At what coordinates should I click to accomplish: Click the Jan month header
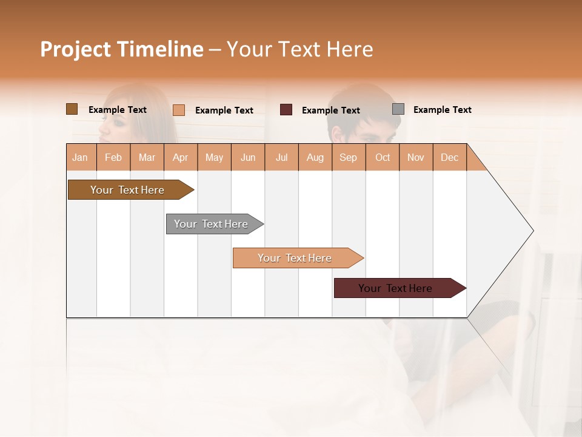(x=80, y=157)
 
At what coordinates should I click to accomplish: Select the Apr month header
(x=181, y=157)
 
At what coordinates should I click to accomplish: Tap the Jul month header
(x=281, y=157)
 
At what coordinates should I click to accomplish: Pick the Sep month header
(x=348, y=157)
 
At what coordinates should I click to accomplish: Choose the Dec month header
(x=449, y=157)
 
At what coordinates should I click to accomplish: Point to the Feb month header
(x=113, y=157)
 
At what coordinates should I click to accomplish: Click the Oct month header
(x=383, y=157)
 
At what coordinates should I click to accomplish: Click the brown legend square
(x=72, y=109)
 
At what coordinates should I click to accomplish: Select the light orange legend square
(x=178, y=110)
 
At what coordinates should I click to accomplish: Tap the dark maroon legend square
(x=286, y=110)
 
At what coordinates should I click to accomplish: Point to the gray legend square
(x=398, y=109)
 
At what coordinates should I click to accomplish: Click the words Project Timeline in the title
(x=121, y=49)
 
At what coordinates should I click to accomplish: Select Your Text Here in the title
(x=299, y=49)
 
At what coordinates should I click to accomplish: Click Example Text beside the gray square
(x=442, y=110)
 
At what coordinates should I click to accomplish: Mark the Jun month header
(x=248, y=157)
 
